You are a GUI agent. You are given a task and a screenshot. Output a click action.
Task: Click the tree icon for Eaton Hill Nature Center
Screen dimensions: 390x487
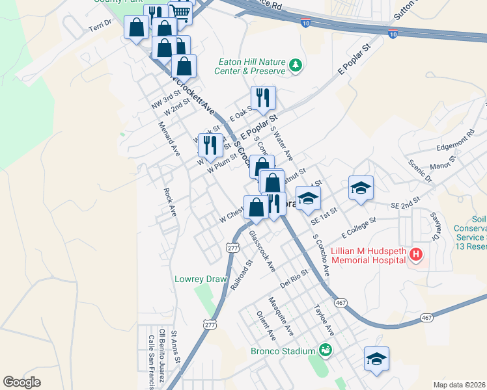(x=296, y=65)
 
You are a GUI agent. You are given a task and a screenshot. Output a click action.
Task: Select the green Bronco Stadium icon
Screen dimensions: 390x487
(x=325, y=351)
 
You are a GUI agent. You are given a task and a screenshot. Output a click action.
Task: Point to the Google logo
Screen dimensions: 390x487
(x=21, y=382)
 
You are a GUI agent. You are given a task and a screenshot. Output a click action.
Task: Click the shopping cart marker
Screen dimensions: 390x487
(x=181, y=12)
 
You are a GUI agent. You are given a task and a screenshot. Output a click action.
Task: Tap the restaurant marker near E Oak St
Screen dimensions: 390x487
(x=263, y=98)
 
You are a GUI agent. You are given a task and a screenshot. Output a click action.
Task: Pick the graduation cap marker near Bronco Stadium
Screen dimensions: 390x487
(x=376, y=359)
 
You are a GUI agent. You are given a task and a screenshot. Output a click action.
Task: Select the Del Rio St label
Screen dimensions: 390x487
(x=293, y=280)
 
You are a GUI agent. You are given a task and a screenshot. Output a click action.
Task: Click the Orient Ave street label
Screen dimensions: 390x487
(x=266, y=325)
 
